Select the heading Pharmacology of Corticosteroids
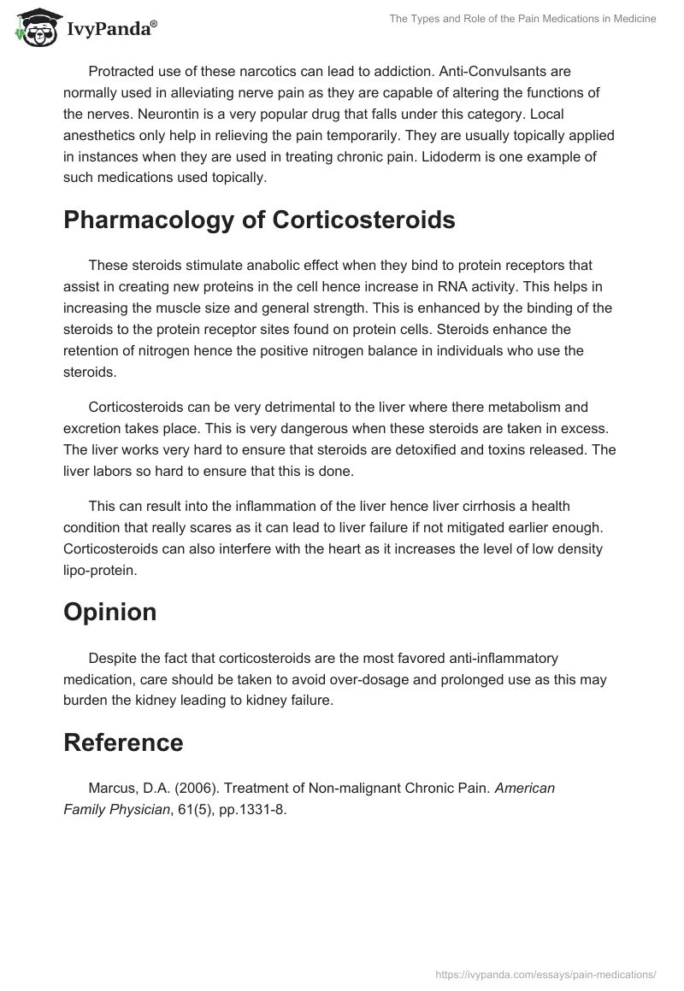point(259,220)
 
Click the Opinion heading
point(109,612)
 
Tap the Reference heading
point(123,742)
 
